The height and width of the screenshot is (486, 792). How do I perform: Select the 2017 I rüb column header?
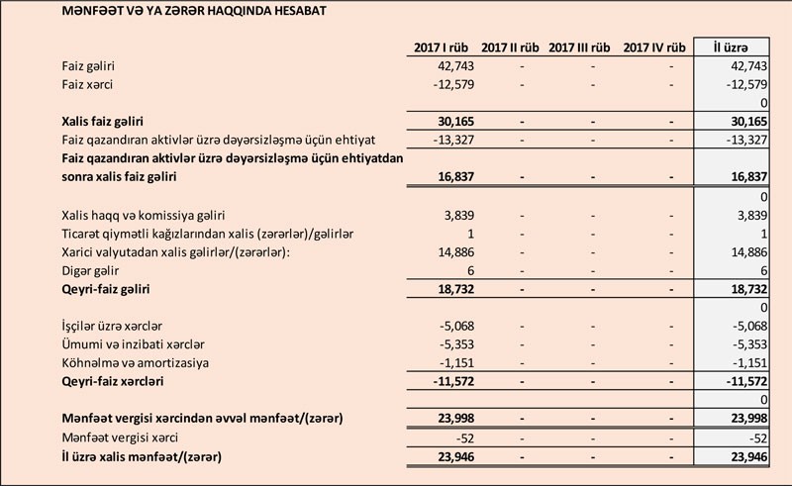(x=441, y=47)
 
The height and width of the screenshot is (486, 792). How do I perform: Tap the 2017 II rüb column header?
(x=510, y=47)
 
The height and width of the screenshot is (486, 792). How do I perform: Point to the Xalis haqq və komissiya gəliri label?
(x=144, y=215)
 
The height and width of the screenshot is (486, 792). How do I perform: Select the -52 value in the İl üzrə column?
(x=756, y=438)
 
